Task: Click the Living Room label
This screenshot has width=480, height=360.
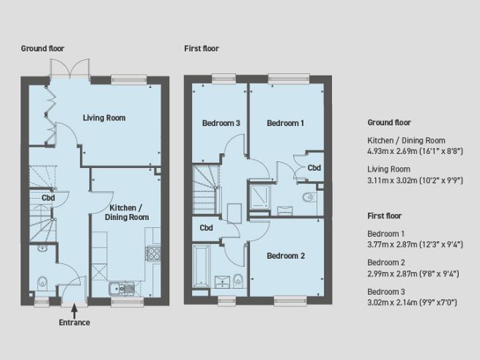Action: [104, 117]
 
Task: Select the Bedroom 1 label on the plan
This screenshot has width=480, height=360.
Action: [285, 123]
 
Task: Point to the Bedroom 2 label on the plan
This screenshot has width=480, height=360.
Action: [285, 256]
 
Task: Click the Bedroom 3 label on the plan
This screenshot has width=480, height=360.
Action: [221, 123]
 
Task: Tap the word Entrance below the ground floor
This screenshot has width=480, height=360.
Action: [74, 322]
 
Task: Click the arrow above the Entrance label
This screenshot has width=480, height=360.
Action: [74, 309]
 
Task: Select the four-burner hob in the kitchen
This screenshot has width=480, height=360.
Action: [155, 253]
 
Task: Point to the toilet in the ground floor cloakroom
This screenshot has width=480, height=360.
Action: [43, 281]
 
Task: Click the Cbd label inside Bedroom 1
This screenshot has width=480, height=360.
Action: [314, 168]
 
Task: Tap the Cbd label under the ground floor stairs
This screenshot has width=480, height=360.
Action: [48, 198]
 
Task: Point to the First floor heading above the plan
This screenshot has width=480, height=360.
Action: [202, 48]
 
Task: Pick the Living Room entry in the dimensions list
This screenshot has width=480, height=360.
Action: [389, 169]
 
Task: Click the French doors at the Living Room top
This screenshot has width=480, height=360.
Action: [71, 70]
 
